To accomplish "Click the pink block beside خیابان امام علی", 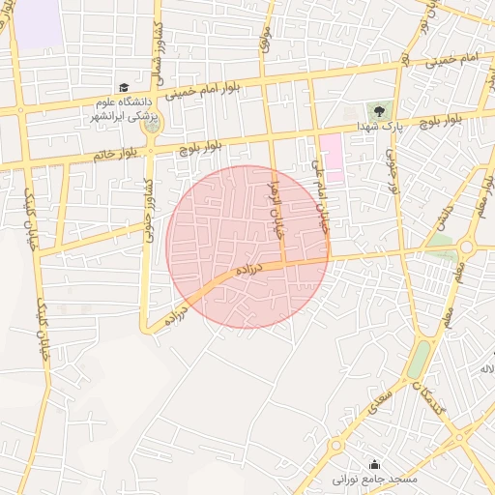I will pos(332,160).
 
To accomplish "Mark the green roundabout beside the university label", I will pos(152,122).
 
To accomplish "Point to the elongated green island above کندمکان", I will pos(418,360).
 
